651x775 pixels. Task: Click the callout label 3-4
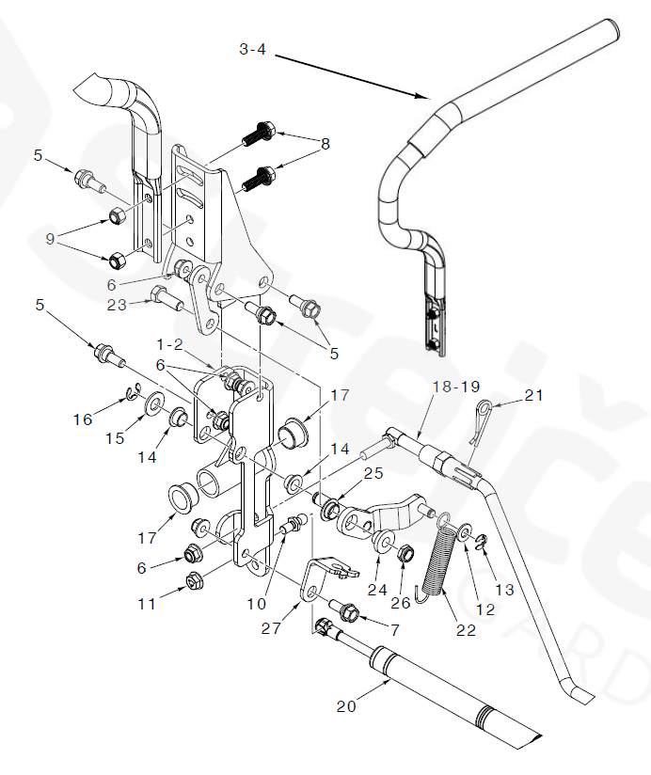click(253, 49)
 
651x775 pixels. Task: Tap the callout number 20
click(346, 706)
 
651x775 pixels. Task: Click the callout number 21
click(535, 396)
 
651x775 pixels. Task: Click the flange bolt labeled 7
click(343, 613)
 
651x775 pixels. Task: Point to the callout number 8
click(325, 144)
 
